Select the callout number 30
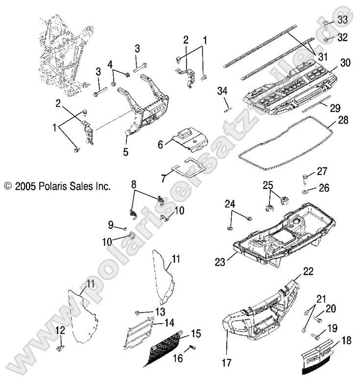click(x=346, y=63)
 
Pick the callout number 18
click(x=346, y=341)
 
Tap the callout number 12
click(x=59, y=330)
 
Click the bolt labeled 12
click(x=60, y=348)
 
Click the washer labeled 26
click(x=305, y=190)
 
